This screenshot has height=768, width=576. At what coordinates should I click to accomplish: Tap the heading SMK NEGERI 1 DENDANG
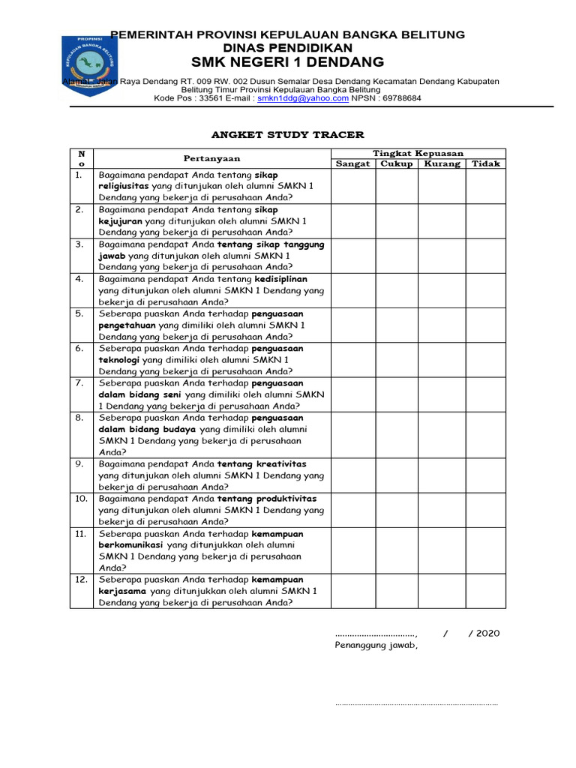click(x=287, y=61)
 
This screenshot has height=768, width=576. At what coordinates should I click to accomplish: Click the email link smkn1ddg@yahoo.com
click(x=303, y=98)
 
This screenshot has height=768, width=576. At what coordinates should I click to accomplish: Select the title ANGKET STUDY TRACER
click(x=288, y=135)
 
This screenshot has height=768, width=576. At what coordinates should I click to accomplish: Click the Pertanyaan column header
click(x=213, y=158)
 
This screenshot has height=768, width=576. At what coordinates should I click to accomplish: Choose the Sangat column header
click(x=352, y=163)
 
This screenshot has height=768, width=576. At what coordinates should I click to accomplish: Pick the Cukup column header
click(x=396, y=163)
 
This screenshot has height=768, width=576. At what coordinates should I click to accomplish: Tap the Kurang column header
click(x=442, y=163)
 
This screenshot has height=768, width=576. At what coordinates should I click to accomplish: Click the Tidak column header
click(x=484, y=163)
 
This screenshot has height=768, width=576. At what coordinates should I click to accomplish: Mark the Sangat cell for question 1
click(x=352, y=186)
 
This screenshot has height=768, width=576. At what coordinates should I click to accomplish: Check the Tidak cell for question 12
click(x=484, y=590)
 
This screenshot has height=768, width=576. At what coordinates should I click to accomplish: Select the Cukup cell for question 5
click(x=396, y=325)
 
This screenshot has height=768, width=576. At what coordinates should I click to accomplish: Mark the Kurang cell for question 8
click(x=442, y=434)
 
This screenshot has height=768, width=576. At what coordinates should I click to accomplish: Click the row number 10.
click(x=80, y=499)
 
